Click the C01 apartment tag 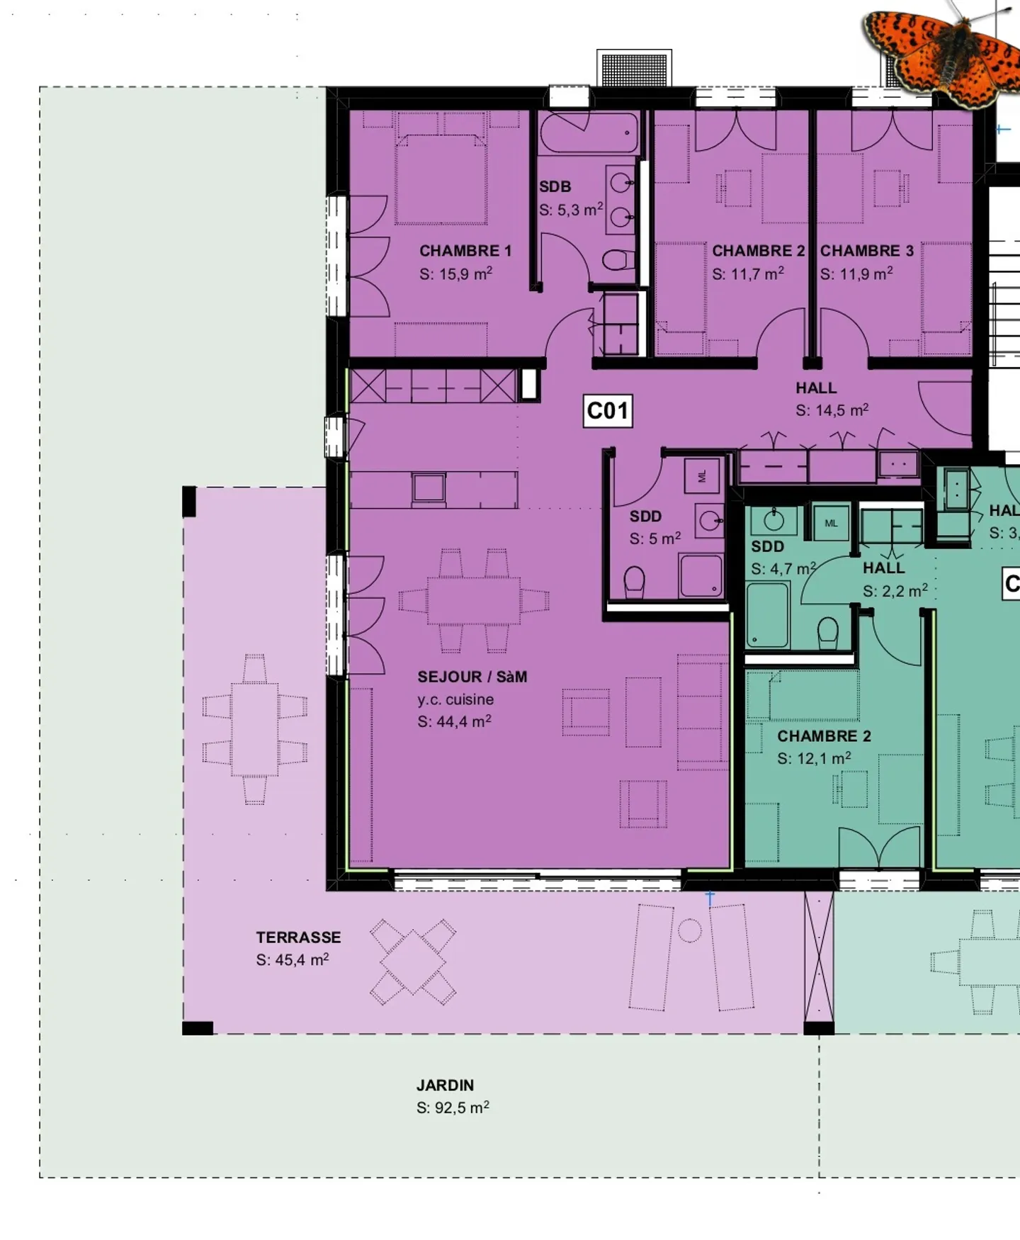pyautogui.click(x=608, y=411)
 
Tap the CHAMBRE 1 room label pyautogui.click(x=465, y=251)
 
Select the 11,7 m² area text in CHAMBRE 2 pyautogui.click(x=748, y=274)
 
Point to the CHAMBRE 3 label pyautogui.click(x=867, y=251)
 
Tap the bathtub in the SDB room pyautogui.click(x=589, y=133)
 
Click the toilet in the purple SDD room pyautogui.click(x=634, y=582)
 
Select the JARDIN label pyautogui.click(x=445, y=1085)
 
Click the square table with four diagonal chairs pyautogui.click(x=413, y=962)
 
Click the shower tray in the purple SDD pyautogui.click(x=701, y=575)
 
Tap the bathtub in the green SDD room pyautogui.click(x=766, y=614)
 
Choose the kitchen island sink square pyautogui.click(x=429, y=488)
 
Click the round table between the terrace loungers pyautogui.click(x=689, y=930)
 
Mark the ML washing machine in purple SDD pyautogui.click(x=702, y=476)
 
